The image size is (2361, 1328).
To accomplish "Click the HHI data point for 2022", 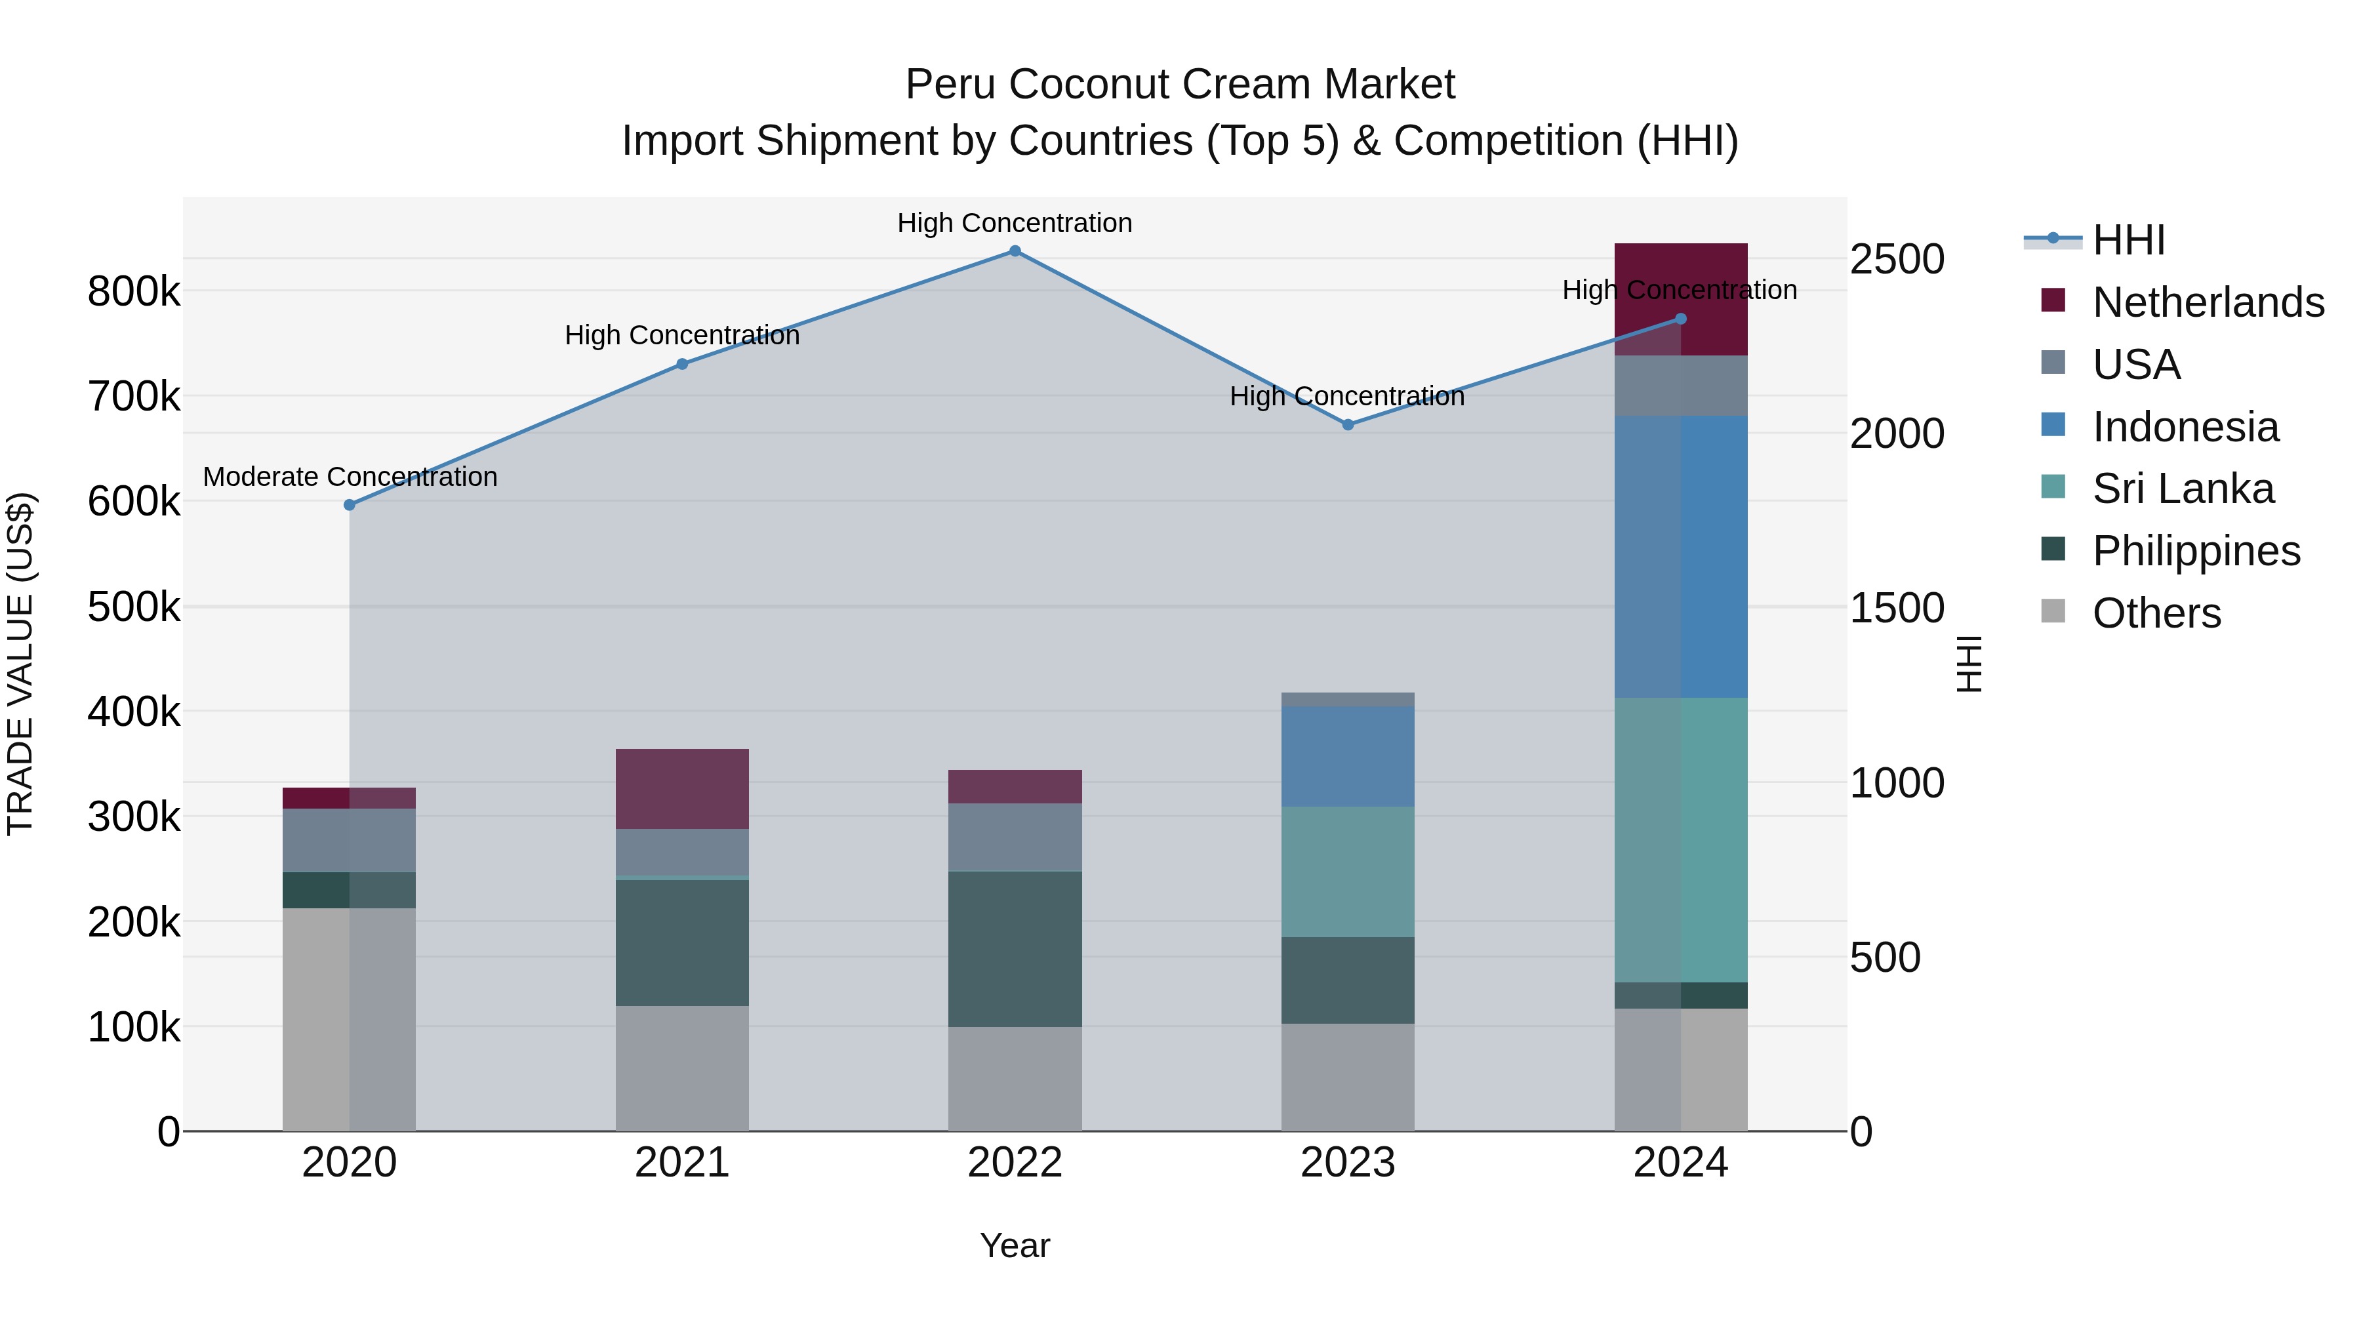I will (x=1015, y=251).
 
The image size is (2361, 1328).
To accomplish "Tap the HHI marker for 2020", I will (x=349, y=505).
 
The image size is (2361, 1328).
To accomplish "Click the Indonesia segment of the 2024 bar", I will (x=1680, y=556).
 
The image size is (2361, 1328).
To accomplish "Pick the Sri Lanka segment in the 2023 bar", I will (x=1347, y=872).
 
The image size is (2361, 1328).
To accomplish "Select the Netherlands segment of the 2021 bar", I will (x=682, y=789).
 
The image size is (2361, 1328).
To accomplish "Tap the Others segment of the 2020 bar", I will (x=349, y=1019).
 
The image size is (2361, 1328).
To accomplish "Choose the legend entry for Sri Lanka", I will (x=2182, y=489).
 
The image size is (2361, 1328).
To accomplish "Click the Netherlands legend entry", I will (x=2207, y=302).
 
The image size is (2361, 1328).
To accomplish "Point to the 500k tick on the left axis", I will (x=134, y=607).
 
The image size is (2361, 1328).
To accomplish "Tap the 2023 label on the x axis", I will (x=1347, y=1163).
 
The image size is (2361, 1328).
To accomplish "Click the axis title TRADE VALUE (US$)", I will (x=20, y=664).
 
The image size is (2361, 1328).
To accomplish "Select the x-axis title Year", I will (x=1015, y=1245).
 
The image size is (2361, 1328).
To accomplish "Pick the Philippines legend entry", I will (x=2196, y=551).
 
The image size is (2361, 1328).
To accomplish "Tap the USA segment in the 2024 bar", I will (x=1680, y=386).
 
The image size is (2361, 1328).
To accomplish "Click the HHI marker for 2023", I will (x=1347, y=425).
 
